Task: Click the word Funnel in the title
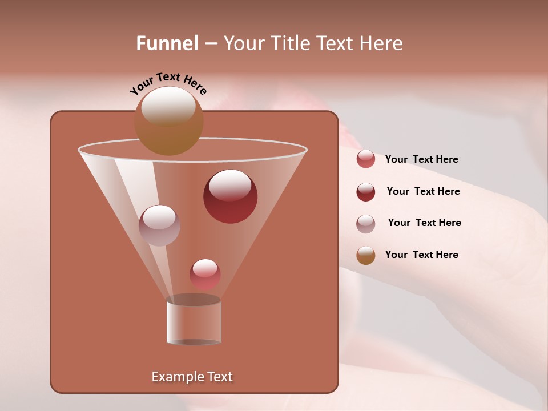(x=167, y=43)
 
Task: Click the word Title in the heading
(x=290, y=43)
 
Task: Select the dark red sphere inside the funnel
(x=230, y=196)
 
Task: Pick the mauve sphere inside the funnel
(x=159, y=225)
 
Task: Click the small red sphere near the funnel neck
(x=205, y=274)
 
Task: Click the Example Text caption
(x=192, y=377)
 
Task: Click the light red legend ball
(x=365, y=159)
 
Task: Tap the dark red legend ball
(x=365, y=192)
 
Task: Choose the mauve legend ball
(x=365, y=224)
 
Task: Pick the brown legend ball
(x=365, y=255)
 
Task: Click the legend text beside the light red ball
(x=421, y=159)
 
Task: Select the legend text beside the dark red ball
(x=423, y=191)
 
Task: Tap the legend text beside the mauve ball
(x=424, y=223)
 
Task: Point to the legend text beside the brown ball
(x=421, y=255)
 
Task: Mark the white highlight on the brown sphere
(x=168, y=106)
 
